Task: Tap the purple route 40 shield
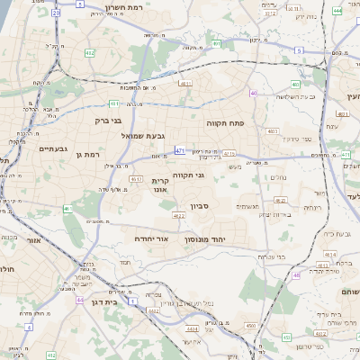(254, 94)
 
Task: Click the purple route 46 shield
(295, 274)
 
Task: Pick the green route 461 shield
(67, 209)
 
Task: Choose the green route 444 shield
(336, 10)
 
